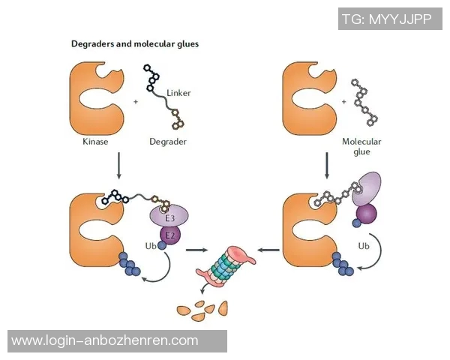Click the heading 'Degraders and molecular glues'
click(x=134, y=44)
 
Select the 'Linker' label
click(x=178, y=93)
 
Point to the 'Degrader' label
click(x=169, y=140)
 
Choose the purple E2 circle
click(x=170, y=235)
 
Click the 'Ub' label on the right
click(x=364, y=245)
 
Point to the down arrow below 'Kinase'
click(x=118, y=166)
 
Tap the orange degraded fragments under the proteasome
click(x=201, y=307)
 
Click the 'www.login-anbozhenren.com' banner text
click(x=105, y=341)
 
